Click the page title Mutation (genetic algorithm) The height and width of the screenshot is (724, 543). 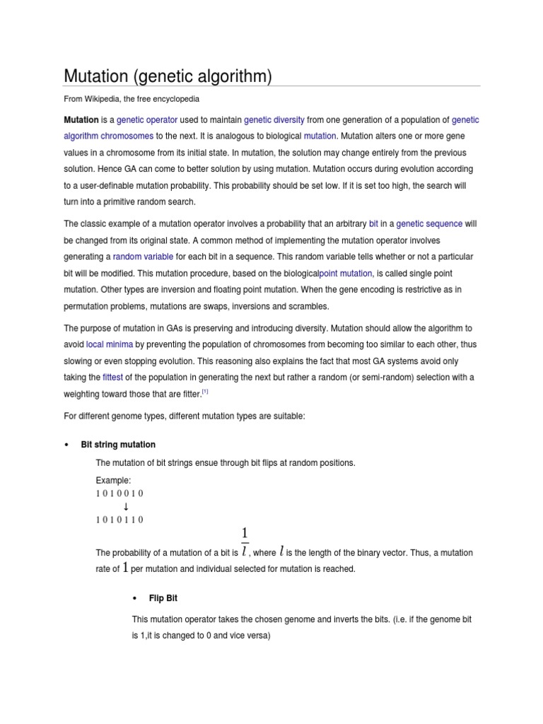click(x=168, y=76)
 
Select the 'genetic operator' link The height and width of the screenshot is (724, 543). click(x=147, y=121)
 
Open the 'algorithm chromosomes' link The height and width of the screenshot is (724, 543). click(x=108, y=136)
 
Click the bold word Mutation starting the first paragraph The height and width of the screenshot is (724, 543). click(x=81, y=121)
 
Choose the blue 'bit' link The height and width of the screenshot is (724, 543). click(x=374, y=224)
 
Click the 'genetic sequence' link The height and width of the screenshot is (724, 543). click(x=429, y=224)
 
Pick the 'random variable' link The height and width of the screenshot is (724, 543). click(x=143, y=257)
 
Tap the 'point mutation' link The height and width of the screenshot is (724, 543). click(x=346, y=274)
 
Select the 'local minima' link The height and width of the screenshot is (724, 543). click(x=109, y=344)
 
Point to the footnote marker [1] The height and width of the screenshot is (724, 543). click(x=205, y=392)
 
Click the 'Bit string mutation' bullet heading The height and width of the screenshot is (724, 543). click(x=118, y=445)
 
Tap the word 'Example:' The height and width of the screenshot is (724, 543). click(x=113, y=480)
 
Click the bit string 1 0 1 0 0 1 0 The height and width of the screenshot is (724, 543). click(x=119, y=494)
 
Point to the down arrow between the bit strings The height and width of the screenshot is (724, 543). click(x=126, y=506)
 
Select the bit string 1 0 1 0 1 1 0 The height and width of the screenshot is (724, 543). click(x=119, y=520)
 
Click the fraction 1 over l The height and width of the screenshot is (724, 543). click(x=245, y=541)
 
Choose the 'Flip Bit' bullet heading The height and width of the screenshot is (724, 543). click(x=163, y=598)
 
